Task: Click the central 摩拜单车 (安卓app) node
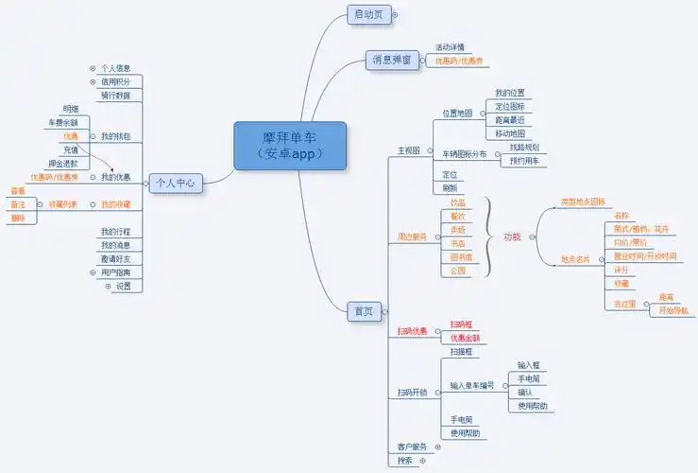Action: point(290,146)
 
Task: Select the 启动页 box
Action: point(367,14)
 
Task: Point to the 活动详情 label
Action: point(450,47)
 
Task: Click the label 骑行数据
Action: point(116,96)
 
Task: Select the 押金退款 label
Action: point(77,164)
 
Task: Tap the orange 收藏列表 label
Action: point(63,204)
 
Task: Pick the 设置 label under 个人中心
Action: point(124,286)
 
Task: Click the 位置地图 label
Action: point(458,114)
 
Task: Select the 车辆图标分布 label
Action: point(465,153)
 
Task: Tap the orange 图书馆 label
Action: point(461,257)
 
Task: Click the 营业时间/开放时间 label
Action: point(645,255)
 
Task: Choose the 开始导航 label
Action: point(672,309)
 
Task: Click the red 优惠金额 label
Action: point(465,338)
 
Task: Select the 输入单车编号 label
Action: point(472,385)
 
